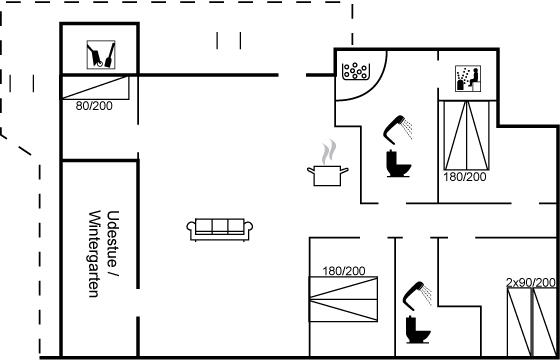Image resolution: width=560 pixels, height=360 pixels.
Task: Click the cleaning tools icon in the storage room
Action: point(101,55)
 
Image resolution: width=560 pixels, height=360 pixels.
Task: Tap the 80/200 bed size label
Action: point(94,106)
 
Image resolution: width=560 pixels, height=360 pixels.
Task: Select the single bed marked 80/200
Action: point(95,88)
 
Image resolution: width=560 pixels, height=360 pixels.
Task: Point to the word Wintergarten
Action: point(94,254)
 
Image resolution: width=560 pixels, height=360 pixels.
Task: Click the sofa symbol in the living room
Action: point(220,229)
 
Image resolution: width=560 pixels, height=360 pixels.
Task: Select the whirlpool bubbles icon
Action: point(355,71)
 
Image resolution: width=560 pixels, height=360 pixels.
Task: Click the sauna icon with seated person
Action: point(468,78)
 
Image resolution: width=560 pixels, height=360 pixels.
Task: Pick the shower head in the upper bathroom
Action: point(398,128)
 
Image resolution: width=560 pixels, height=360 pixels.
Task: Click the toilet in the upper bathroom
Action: point(399,164)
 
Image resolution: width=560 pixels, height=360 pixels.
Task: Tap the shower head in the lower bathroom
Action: point(417,295)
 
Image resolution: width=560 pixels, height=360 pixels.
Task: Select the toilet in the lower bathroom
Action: point(419,330)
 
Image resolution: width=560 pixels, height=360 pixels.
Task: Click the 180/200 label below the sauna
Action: point(465,177)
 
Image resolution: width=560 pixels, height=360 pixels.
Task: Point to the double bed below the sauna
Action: point(466,135)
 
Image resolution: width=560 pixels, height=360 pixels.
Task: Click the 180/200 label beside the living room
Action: point(344,271)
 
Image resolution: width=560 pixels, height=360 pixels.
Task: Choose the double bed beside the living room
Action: point(344,299)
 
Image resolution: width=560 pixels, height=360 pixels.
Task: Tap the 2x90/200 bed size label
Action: point(531,282)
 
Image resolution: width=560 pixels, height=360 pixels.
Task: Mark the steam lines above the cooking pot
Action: point(330,152)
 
